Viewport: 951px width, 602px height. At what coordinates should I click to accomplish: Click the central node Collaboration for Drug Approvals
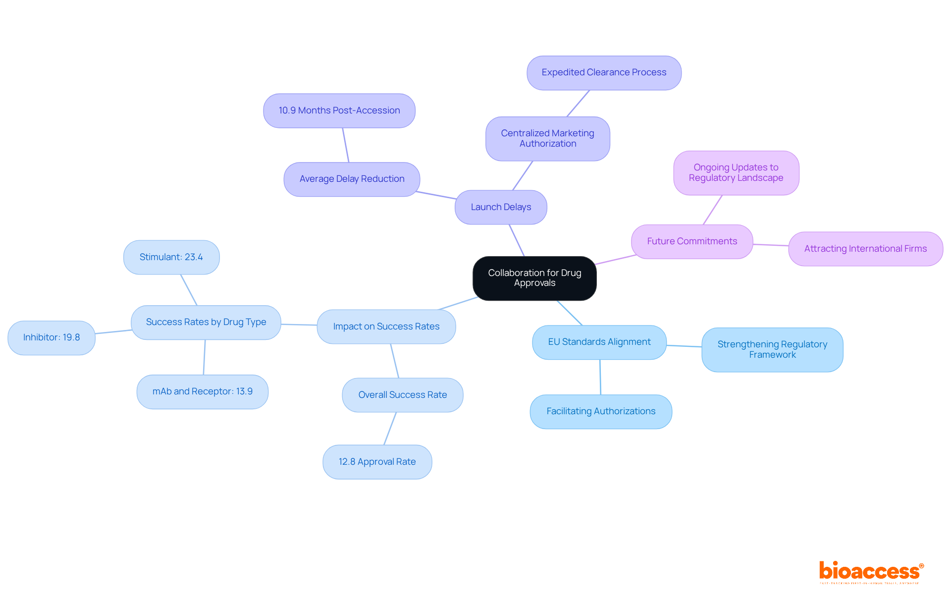coord(534,278)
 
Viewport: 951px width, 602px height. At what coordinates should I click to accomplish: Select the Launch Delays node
coord(501,207)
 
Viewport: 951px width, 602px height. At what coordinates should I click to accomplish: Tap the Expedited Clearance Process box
coord(604,72)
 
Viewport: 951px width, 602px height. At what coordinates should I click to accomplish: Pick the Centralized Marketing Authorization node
coord(547,138)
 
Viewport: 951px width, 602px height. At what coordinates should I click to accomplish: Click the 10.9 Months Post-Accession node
coord(339,110)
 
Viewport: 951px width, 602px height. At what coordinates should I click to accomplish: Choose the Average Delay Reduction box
coord(352,179)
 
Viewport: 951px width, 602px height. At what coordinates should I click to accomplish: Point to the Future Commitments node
coord(691,241)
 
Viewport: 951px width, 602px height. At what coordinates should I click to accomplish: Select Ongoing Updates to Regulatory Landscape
coord(736,172)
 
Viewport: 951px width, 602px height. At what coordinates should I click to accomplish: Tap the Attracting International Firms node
coord(865,249)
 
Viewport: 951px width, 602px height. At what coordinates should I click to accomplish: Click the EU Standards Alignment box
coord(599,342)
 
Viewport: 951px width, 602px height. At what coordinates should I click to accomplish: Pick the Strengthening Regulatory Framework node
coord(772,349)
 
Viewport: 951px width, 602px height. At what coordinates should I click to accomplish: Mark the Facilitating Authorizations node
coord(600,411)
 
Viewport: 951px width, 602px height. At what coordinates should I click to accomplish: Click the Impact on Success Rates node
coord(386,327)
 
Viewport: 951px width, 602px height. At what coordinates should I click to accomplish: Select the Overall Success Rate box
coord(402,395)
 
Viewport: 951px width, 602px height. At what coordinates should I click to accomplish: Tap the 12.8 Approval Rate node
coord(377,462)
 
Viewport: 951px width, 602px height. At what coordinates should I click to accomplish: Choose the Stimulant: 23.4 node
coord(171,257)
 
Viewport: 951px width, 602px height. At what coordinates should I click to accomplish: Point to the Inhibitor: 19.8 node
coord(51,337)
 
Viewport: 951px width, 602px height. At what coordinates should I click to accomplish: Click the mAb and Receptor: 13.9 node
coord(202,391)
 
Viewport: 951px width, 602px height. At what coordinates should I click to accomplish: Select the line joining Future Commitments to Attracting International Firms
coord(771,245)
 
